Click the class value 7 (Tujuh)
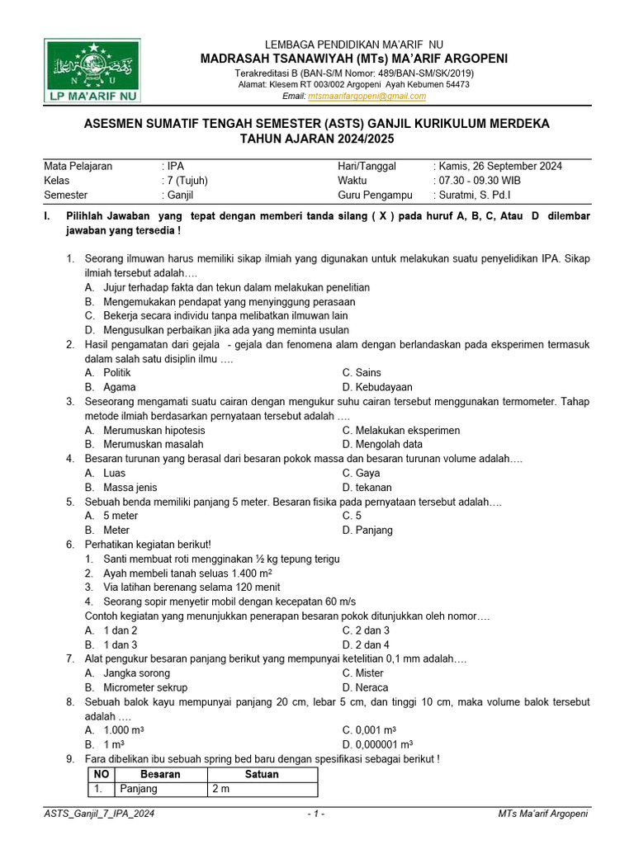[187, 181]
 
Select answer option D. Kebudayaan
[377, 387]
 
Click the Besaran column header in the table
[160, 775]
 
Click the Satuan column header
[262, 775]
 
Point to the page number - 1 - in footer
[316, 814]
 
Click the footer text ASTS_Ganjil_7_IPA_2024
[99, 814]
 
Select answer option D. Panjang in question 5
[367, 531]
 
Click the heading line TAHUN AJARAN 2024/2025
[317, 139]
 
